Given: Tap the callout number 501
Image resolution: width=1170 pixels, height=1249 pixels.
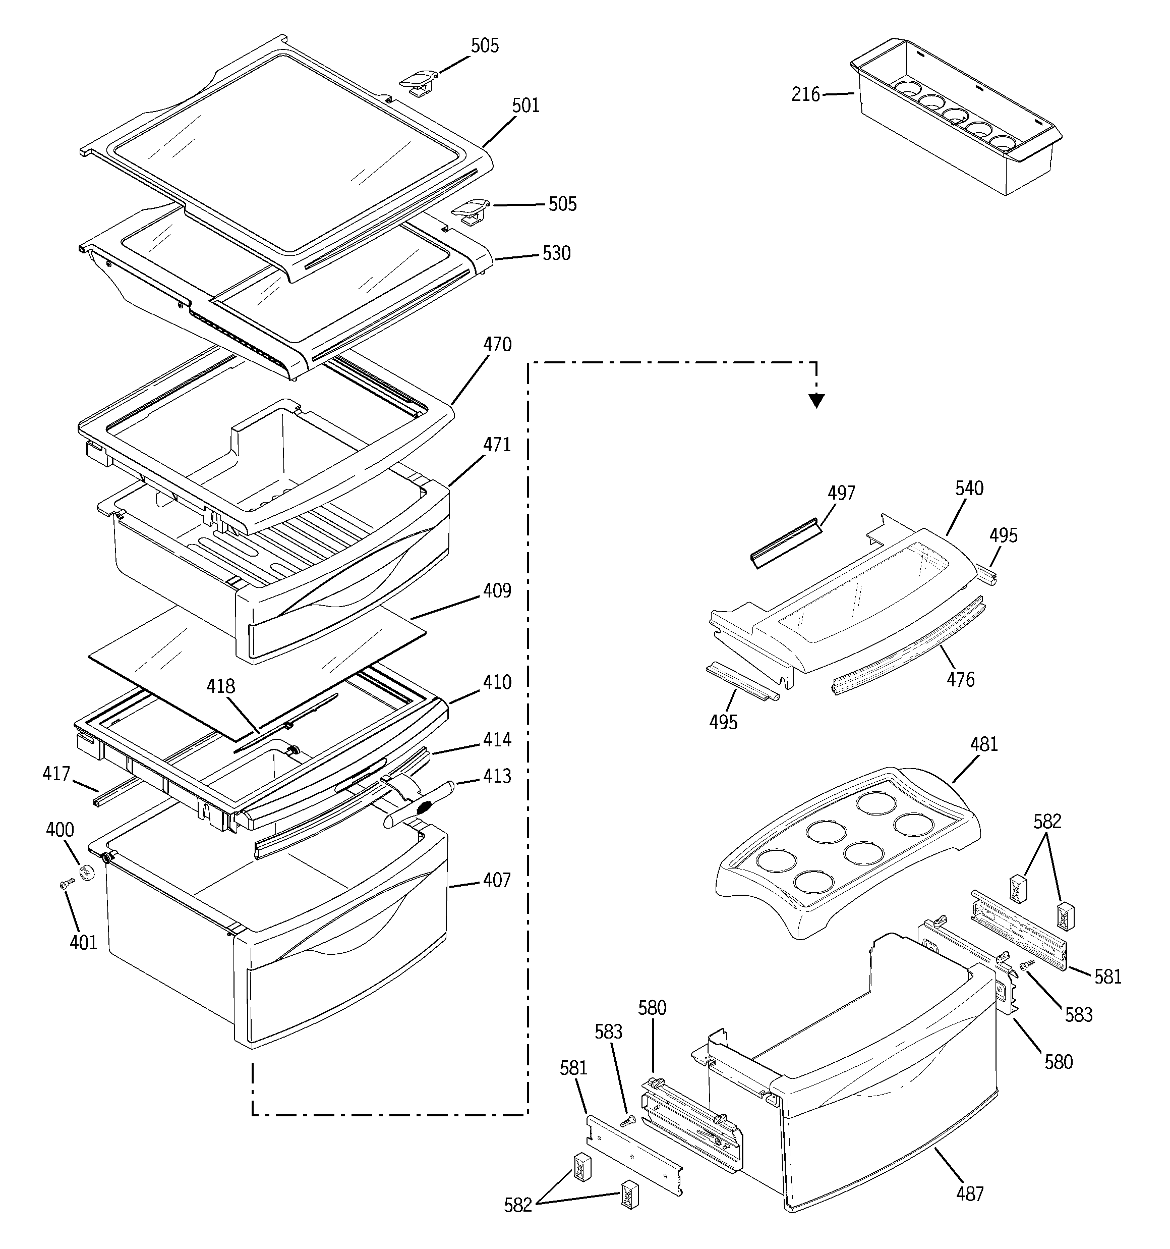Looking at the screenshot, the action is click(x=525, y=105).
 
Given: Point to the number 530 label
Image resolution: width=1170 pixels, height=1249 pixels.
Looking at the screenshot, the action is click(x=556, y=253).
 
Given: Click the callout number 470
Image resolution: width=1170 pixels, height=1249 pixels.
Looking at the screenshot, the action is click(x=497, y=344).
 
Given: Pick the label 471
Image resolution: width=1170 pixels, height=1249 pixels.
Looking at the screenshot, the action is click(x=497, y=445).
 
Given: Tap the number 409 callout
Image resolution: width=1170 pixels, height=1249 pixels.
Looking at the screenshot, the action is click(x=497, y=590).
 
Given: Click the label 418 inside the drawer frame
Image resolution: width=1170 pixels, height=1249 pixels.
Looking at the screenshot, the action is click(x=221, y=687).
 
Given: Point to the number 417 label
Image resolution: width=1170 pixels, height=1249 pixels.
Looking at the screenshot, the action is click(x=56, y=774).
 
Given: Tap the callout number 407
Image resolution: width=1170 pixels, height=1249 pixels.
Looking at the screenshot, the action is click(x=497, y=880).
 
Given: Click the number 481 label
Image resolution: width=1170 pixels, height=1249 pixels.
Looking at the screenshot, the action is click(x=984, y=744).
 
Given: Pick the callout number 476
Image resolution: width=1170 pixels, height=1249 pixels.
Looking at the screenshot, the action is click(x=961, y=679).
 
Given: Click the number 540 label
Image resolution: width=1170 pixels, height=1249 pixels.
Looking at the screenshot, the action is click(x=970, y=488).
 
